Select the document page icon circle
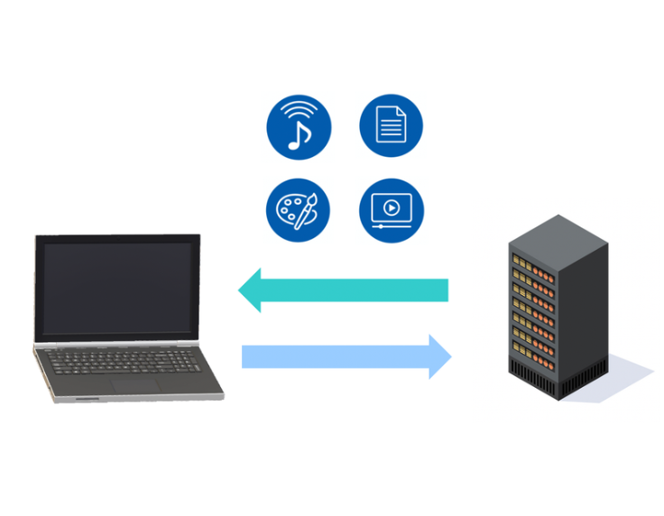pos(391,126)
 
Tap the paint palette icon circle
pos(299,209)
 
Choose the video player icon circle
pos(391,209)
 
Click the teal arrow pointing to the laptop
pos(352,290)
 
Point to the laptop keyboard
pos(126,363)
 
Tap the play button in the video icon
pos(391,207)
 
